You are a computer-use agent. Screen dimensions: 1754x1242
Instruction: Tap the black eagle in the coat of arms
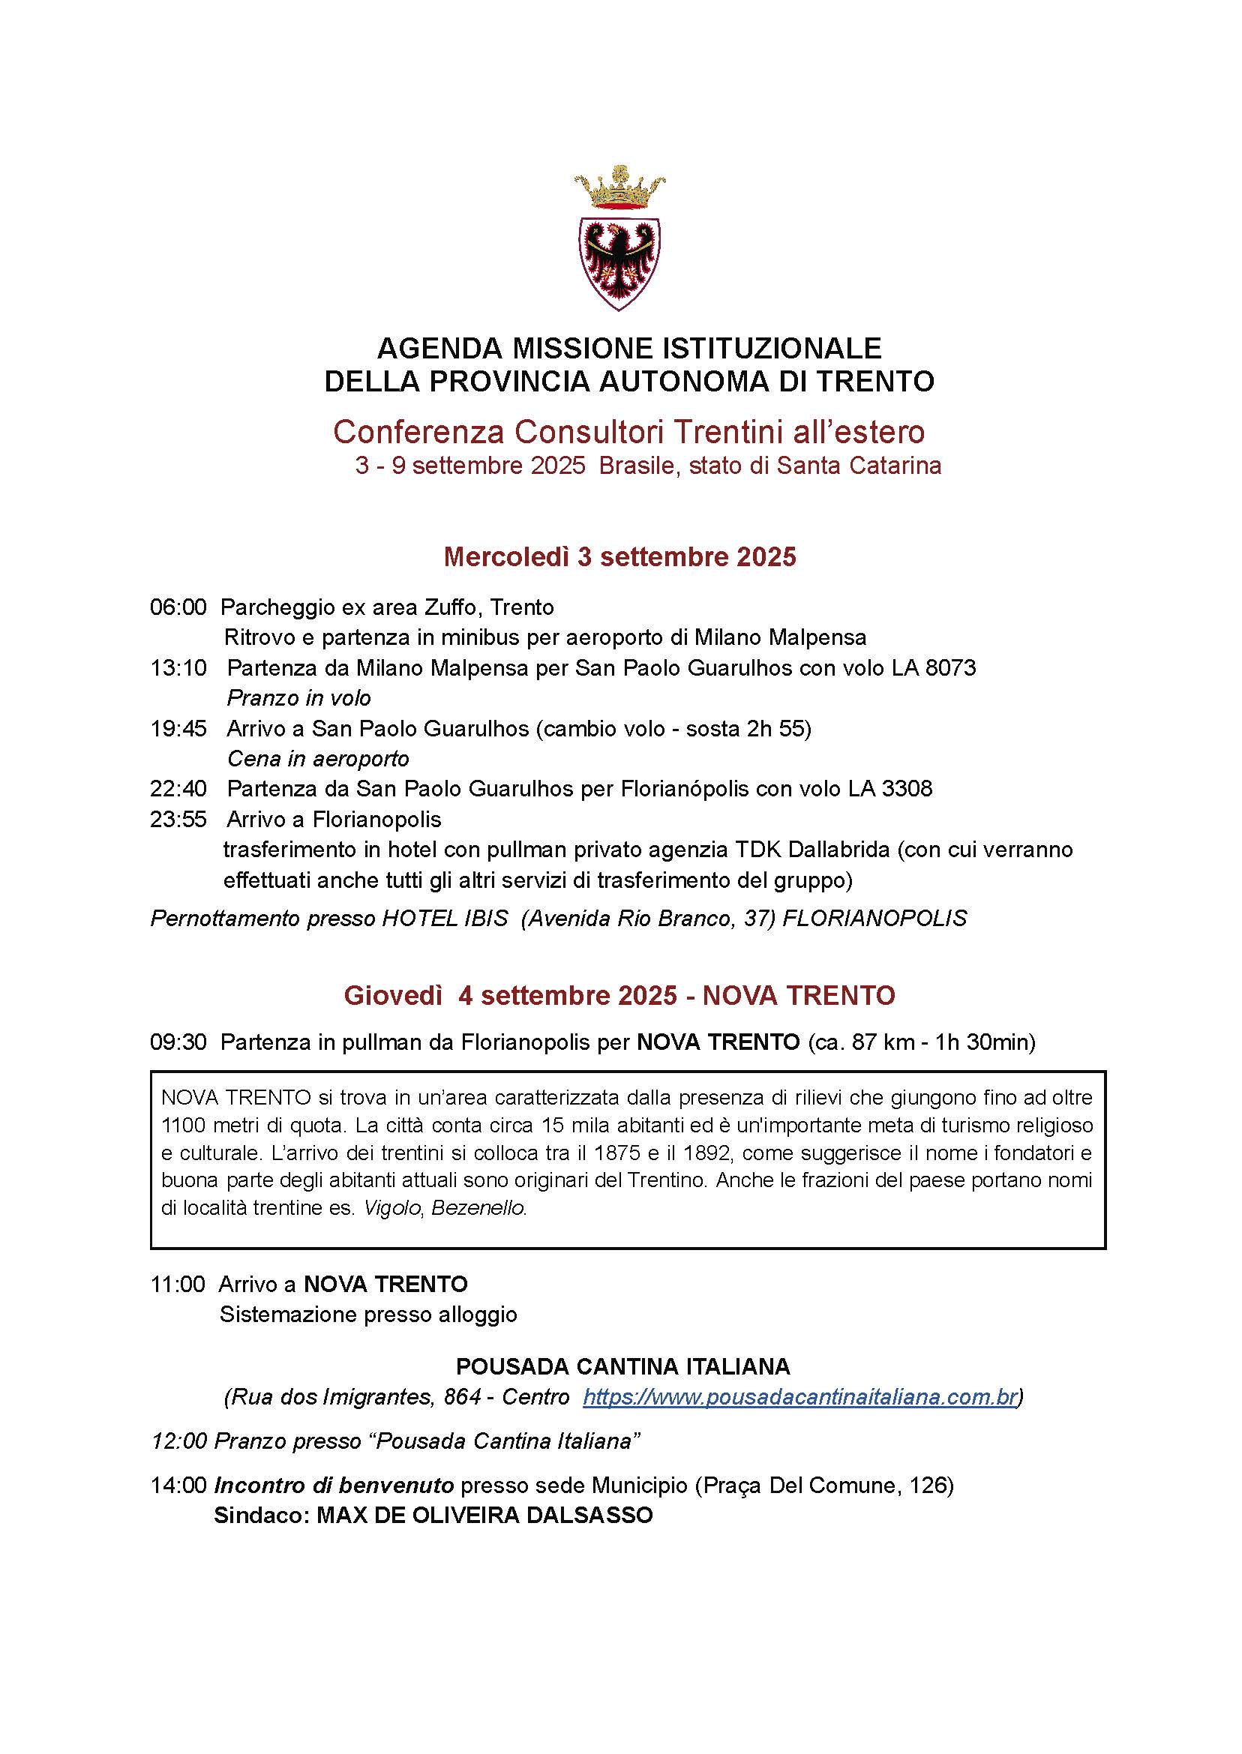click(619, 259)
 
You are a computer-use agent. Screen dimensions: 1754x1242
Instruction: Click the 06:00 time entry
click(178, 607)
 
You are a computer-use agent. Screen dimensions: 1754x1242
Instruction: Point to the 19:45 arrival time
click(178, 728)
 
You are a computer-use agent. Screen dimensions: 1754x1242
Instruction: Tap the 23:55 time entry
click(178, 819)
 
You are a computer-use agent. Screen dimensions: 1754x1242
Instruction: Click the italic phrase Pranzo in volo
click(299, 698)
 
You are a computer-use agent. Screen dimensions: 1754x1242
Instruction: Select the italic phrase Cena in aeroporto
click(318, 758)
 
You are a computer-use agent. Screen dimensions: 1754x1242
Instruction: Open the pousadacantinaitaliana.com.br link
click(800, 1397)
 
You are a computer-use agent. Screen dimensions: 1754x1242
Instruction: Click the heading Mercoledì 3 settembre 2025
click(619, 556)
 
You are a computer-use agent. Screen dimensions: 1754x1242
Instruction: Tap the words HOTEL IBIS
click(445, 918)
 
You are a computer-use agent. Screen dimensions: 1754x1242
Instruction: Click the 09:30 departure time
click(178, 1042)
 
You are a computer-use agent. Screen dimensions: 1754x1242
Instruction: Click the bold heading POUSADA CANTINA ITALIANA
click(622, 1366)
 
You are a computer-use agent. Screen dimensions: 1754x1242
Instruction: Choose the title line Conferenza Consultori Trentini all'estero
click(628, 432)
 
